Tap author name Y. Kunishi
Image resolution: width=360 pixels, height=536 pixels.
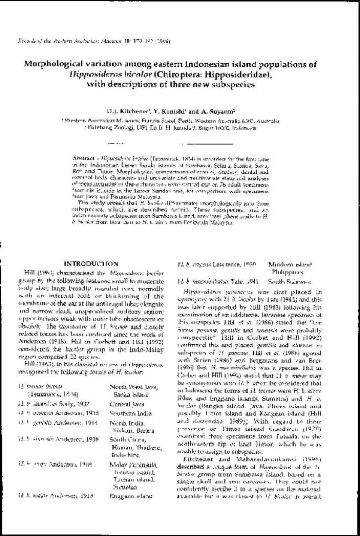click(166, 111)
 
